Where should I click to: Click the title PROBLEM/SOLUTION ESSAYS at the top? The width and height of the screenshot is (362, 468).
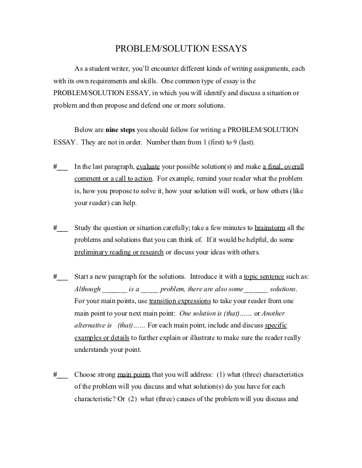(x=181, y=49)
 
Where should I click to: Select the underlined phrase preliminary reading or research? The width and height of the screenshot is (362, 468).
(x=119, y=252)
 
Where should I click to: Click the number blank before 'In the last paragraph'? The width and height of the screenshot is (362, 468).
(x=61, y=167)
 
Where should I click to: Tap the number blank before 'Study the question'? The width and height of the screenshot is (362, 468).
(x=61, y=228)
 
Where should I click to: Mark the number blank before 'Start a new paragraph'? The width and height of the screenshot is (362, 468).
(x=61, y=276)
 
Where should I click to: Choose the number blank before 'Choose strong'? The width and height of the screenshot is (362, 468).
(x=61, y=375)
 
